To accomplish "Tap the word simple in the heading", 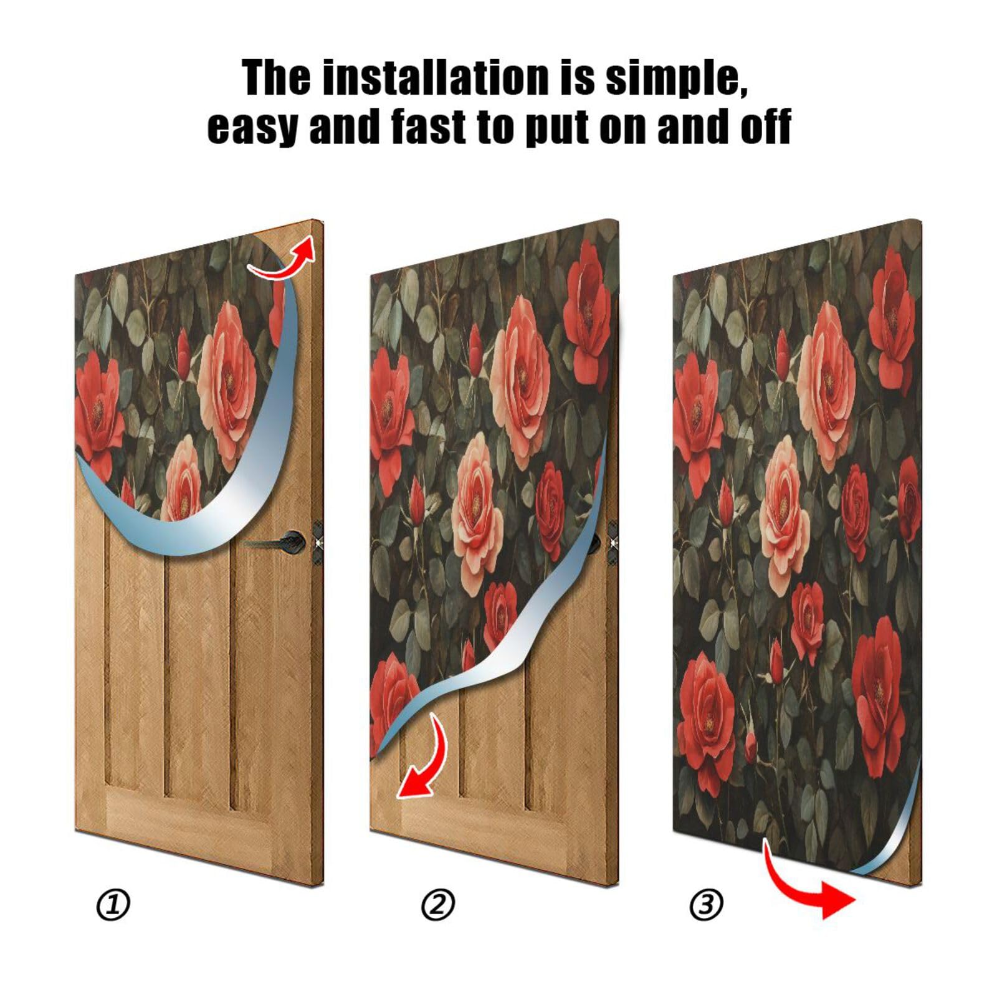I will pyautogui.click(x=675, y=79).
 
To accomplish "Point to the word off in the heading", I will pyautogui.click(x=766, y=126).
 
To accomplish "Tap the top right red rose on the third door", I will pyautogui.click(x=892, y=318).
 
